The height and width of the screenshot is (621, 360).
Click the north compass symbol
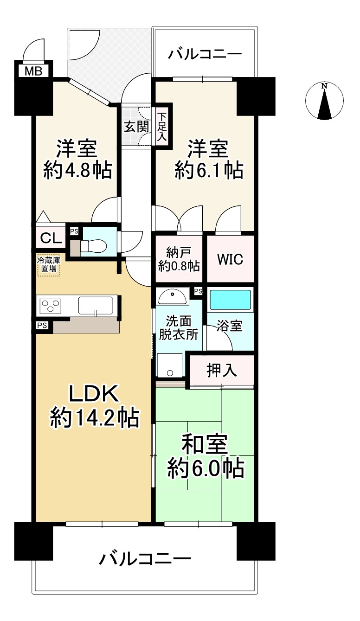(x=325, y=101)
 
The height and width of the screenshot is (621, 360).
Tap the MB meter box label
(x=32, y=71)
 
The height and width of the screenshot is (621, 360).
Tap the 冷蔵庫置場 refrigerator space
(x=49, y=265)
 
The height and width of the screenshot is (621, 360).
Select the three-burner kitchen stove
(x=51, y=306)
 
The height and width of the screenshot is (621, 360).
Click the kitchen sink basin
(x=96, y=306)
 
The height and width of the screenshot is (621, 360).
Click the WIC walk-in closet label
(x=230, y=259)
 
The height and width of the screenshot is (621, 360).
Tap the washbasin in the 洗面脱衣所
(x=173, y=296)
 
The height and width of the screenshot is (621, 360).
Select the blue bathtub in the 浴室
(x=230, y=300)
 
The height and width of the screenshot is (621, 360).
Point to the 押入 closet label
(x=222, y=370)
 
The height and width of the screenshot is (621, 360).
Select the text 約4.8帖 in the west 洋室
(x=77, y=171)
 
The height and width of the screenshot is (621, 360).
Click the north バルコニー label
(x=205, y=54)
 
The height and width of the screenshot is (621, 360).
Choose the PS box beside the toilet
(x=74, y=231)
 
